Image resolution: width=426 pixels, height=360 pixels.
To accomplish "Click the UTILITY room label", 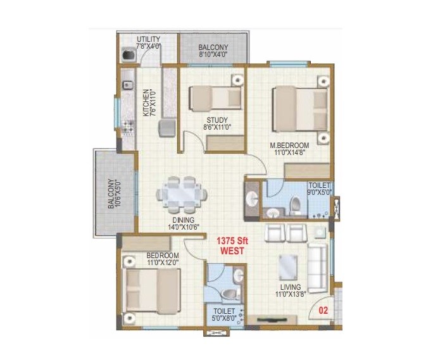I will point(148,39).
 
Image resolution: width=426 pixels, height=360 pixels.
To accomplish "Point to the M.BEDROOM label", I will point(288,146).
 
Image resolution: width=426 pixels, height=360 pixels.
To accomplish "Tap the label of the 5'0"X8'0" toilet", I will point(224,311).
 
